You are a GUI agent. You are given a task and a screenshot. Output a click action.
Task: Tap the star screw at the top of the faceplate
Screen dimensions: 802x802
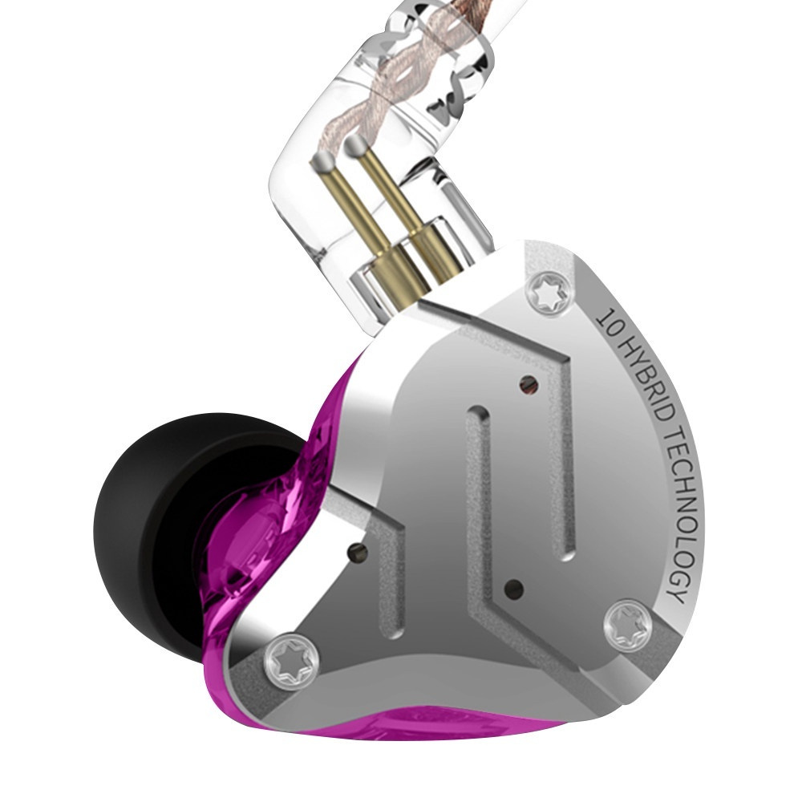coord(550,296)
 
